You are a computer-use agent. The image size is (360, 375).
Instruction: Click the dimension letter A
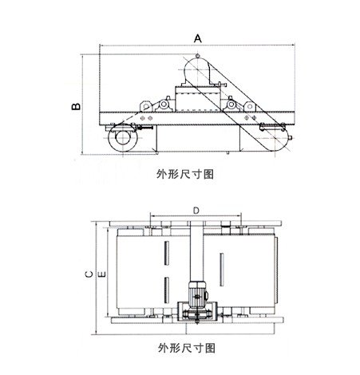pos(198,38)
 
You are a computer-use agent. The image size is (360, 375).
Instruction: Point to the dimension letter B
pos(76,106)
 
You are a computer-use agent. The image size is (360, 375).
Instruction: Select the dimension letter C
pos(89,274)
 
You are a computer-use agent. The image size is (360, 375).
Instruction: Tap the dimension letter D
pos(196,211)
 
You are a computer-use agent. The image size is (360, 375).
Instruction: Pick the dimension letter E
pos(102,274)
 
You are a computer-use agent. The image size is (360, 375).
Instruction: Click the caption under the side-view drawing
pos(185,174)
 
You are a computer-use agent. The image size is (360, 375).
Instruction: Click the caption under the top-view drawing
pos(187,348)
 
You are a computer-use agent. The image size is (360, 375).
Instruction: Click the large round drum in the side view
pos(123,138)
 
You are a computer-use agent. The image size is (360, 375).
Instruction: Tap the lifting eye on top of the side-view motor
pos(197,56)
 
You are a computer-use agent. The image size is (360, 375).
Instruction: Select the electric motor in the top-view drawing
pos(198,294)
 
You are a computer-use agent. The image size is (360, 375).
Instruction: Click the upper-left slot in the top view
pos(167,253)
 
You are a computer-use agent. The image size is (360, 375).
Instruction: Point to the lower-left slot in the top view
pos(167,290)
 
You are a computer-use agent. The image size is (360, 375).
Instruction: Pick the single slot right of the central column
pos(221,270)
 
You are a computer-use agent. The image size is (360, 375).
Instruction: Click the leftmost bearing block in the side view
pos(146,106)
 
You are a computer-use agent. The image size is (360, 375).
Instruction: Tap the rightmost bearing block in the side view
pos(250,106)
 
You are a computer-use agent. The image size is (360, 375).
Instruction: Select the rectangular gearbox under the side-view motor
pos(197,98)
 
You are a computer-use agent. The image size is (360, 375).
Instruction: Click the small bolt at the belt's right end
pos(290,138)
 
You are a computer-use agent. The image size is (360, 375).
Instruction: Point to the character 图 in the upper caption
pos(208,174)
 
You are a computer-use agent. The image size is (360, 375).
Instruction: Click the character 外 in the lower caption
pos(164,348)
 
